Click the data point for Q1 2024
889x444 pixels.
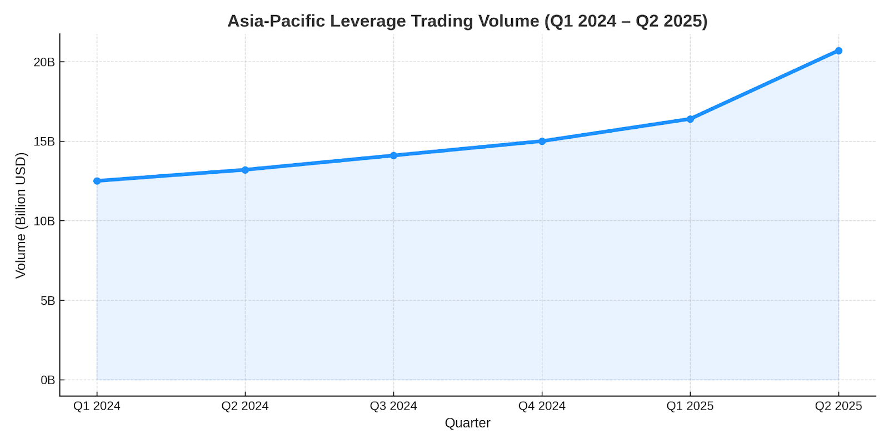97,181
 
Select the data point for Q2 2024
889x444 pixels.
245,170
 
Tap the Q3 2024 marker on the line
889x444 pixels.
393,155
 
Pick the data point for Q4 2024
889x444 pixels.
542,141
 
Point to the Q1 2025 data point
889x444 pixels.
690,119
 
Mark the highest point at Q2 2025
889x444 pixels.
838,51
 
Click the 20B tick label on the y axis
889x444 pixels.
44,62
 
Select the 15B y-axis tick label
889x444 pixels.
44,142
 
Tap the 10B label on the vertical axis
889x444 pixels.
44,221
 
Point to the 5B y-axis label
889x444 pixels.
47,301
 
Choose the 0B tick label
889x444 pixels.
47,380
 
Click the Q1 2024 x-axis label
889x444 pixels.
97,406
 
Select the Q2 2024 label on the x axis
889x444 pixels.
245,406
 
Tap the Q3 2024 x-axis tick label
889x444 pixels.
393,406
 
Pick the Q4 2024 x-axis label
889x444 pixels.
542,406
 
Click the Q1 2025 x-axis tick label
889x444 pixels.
690,406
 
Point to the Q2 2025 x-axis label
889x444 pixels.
838,406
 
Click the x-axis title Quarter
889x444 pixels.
467,423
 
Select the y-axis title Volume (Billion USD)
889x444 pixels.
21,215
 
